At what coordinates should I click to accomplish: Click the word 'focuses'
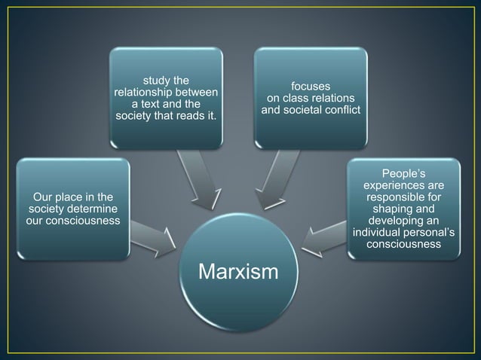(x=311, y=87)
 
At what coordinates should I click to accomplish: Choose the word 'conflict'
(x=341, y=111)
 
